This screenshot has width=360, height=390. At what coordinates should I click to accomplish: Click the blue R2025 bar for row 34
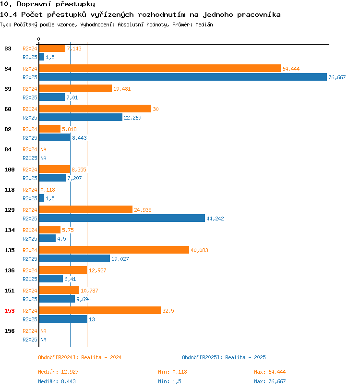click(x=183, y=77)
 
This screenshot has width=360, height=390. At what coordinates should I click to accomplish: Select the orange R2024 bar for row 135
click(x=114, y=250)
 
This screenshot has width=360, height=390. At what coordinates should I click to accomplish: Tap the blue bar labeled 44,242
click(x=122, y=219)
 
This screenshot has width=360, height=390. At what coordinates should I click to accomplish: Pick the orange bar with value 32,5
click(x=100, y=310)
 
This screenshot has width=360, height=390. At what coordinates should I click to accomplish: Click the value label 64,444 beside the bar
click(x=291, y=69)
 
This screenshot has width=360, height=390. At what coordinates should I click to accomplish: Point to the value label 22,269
click(x=132, y=118)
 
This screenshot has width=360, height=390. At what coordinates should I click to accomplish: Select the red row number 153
click(x=10, y=311)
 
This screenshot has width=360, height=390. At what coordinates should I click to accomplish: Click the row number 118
click(x=10, y=190)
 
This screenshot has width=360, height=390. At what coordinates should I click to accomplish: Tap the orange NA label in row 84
click(x=44, y=149)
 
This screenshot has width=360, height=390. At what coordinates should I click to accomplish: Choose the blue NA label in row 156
click(x=44, y=340)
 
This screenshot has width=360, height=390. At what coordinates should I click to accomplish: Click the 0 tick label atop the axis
click(x=38, y=39)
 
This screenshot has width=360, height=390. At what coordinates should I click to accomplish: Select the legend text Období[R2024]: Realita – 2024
click(x=80, y=357)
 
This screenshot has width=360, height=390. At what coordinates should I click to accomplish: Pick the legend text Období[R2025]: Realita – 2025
click(x=224, y=357)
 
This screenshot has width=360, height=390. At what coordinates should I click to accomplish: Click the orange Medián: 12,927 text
click(x=58, y=372)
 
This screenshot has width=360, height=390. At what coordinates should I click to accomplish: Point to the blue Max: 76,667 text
click(x=270, y=381)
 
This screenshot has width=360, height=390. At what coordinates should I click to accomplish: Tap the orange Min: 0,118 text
click(x=172, y=372)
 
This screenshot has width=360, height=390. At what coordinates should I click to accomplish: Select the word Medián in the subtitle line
click(x=204, y=24)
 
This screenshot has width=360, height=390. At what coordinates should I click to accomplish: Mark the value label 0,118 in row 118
click(x=48, y=190)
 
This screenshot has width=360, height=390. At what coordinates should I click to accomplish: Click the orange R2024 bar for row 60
click(x=95, y=109)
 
